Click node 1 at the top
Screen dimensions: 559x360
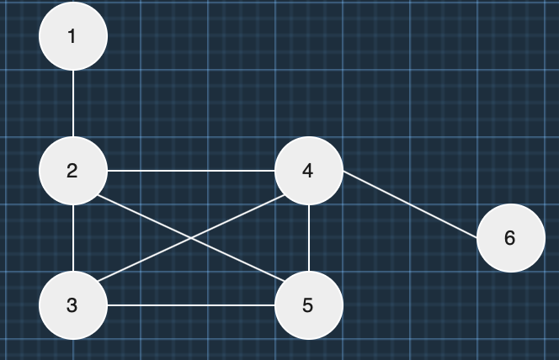pos(73,36)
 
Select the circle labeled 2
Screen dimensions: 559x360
pos(73,171)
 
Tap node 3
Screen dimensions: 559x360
pos(73,305)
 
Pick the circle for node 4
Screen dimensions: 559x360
pos(309,171)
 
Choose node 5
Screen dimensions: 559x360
pos(309,305)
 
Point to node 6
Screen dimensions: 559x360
pos(511,238)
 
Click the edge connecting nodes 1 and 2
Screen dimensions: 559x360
pos(73,103)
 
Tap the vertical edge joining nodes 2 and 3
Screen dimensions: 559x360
pos(73,238)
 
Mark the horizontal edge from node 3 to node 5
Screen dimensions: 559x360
pos(191,305)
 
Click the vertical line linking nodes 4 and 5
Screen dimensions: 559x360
pos(309,238)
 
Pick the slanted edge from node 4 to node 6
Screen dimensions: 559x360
pos(410,204)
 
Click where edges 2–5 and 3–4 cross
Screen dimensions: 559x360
pos(191,238)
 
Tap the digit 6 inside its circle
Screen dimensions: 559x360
pos(509,238)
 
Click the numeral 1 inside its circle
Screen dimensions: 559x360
pos(72,36)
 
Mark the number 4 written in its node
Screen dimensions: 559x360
pos(307,171)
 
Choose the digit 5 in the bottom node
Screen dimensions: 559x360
pos(307,305)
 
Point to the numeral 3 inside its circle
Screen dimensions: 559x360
pos(72,305)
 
